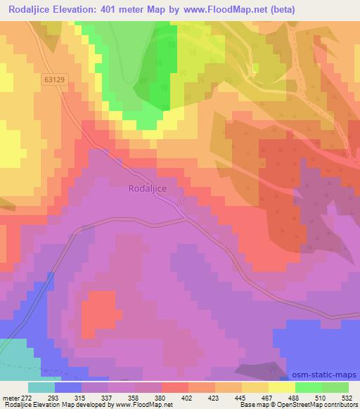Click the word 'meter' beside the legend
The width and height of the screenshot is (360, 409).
pos(10,397)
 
